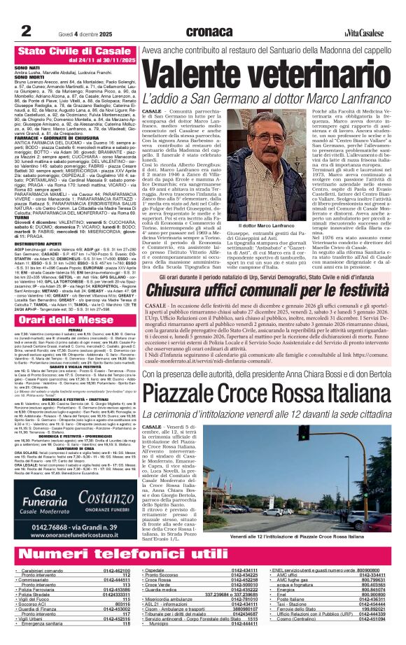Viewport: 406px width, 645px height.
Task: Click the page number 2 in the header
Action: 26,29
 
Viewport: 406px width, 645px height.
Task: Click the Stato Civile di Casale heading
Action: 69,51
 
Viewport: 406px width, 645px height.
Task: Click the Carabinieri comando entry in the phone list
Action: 43,571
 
